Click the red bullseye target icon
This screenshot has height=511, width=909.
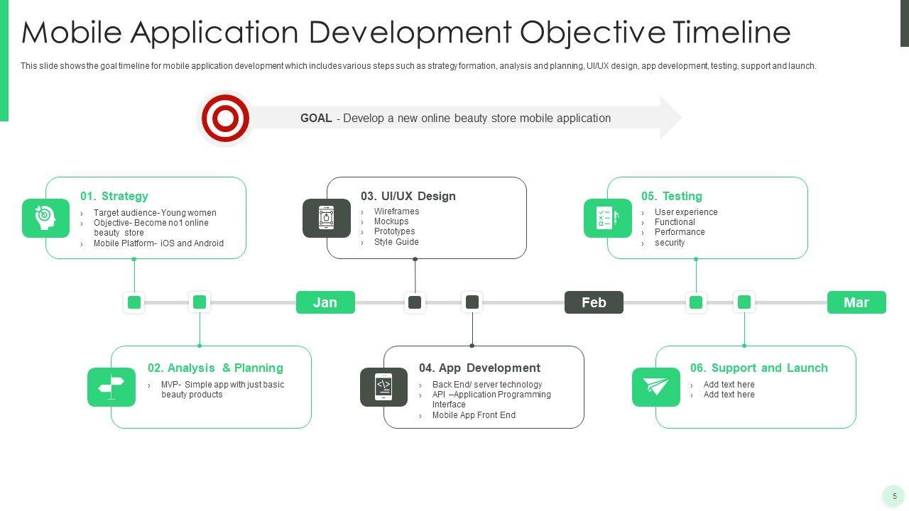pyautogui.click(x=225, y=119)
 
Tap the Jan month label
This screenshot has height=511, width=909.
pyautogui.click(x=325, y=302)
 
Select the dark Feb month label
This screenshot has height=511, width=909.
pyautogui.click(x=594, y=302)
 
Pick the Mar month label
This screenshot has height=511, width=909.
pyautogui.click(x=856, y=302)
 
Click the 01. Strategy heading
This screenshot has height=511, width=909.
pyautogui.click(x=114, y=196)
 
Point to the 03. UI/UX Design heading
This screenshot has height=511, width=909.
pyautogui.click(x=408, y=196)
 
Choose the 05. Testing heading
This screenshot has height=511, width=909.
pyautogui.click(x=672, y=196)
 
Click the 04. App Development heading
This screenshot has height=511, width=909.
pyautogui.click(x=479, y=368)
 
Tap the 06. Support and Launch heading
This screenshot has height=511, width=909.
pyautogui.click(x=759, y=368)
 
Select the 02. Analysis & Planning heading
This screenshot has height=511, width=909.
pyautogui.click(x=215, y=368)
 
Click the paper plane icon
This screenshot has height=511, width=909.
pyautogui.click(x=656, y=387)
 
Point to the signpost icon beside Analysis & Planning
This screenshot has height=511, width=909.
pyautogui.click(x=111, y=387)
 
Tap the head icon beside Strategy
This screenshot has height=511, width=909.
pyautogui.click(x=46, y=218)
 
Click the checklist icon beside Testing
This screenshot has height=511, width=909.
pyautogui.click(x=608, y=218)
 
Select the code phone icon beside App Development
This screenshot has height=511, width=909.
pyautogui.click(x=383, y=387)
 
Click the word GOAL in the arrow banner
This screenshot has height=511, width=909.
pyautogui.click(x=316, y=118)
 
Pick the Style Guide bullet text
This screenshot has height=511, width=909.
pyautogui.click(x=396, y=242)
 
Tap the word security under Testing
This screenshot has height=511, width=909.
pyautogui.click(x=670, y=243)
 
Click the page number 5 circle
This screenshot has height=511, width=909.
pyautogui.click(x=894, y=496)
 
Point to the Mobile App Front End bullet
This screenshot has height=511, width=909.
pyautogui.click(x=474, y=415)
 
